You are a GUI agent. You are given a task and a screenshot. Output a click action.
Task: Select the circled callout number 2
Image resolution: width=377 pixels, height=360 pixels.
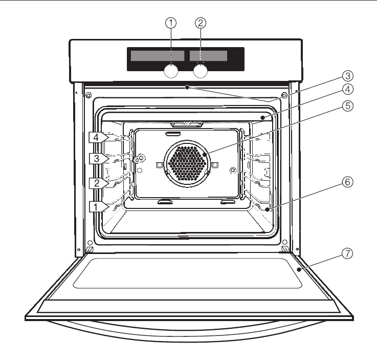click(x=201, y=23)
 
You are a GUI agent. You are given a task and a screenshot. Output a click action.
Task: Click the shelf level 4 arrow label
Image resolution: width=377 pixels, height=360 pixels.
click(x=98, y=137)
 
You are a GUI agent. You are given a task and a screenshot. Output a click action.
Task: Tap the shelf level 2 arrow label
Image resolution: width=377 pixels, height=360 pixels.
click(x=98, y=181)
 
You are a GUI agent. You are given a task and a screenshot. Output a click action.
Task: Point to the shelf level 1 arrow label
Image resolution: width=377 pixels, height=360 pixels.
click(x=98, y=206)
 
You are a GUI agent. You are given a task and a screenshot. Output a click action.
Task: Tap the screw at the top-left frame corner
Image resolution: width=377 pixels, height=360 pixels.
click(x=89, y=95)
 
